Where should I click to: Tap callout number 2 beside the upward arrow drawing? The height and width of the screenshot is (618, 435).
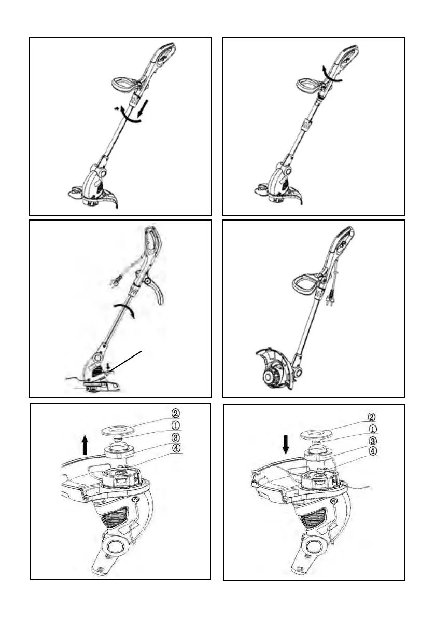pos(176,414)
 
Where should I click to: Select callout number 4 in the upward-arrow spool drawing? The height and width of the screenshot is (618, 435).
pos(176,448)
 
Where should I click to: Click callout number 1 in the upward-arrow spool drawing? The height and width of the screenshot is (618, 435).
pos(176,425)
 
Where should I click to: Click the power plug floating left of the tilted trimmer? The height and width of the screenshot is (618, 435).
pos(115,282)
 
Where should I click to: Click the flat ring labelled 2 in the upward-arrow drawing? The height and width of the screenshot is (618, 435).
pos(118,431)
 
